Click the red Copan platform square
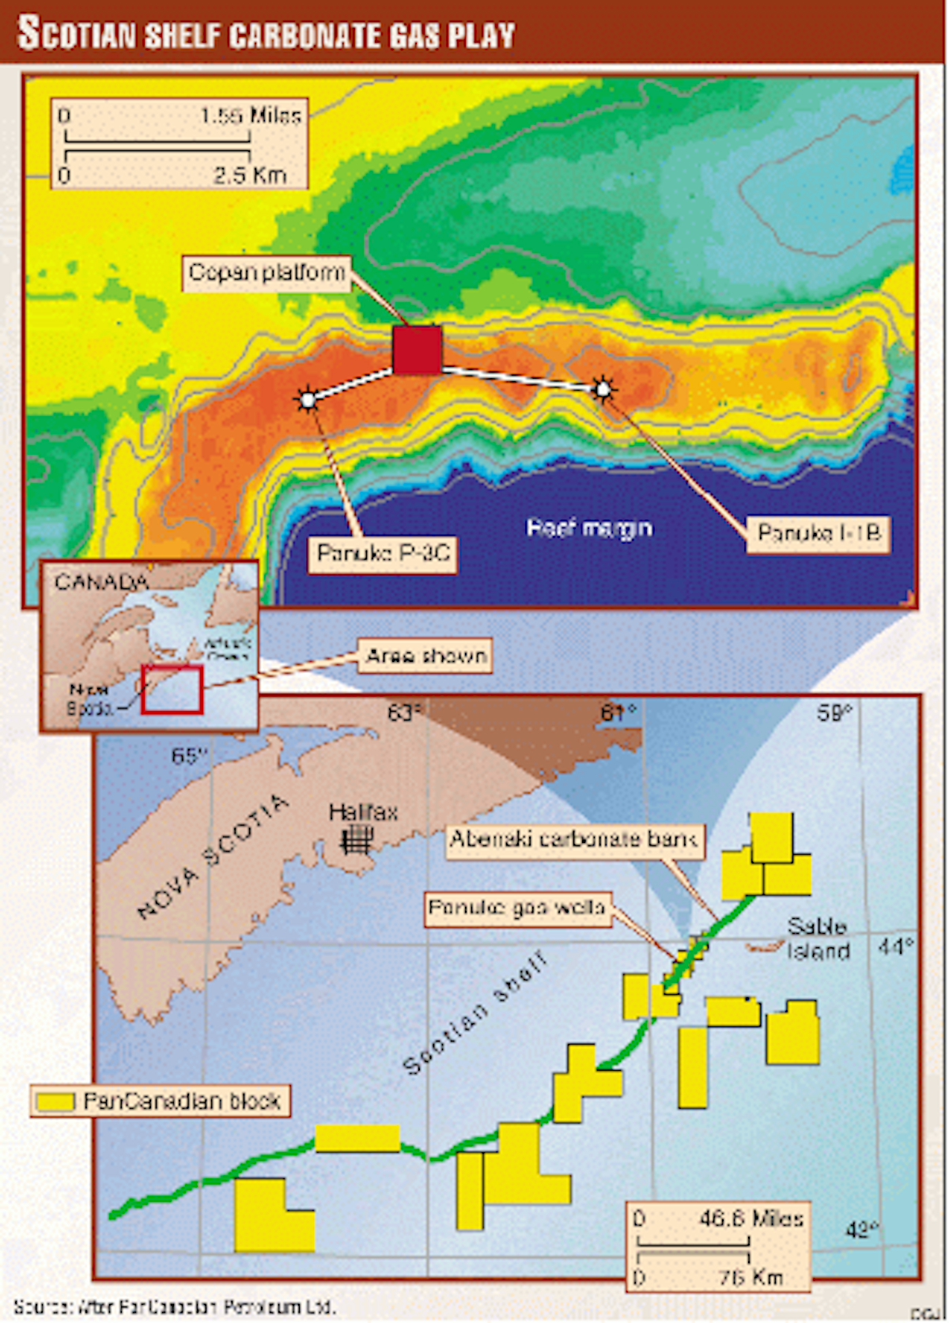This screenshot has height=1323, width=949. tap(417, 350)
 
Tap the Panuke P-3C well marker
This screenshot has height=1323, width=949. tap(308, 400)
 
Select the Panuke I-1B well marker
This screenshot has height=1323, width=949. tap(603, 389)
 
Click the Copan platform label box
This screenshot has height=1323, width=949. tap(267, 274)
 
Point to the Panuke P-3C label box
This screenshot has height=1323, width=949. tap(383, 554)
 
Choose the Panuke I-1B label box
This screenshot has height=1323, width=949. tap(818, 534)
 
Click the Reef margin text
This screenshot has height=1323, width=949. tap(589, 528)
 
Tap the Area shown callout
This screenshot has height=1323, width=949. tap(425, 656)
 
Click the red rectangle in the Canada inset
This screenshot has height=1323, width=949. tap(172, 690)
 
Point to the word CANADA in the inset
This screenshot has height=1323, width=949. tap(100, 583)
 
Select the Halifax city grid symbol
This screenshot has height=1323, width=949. tap(357, 839)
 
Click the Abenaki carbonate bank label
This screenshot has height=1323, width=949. tap(573, 839)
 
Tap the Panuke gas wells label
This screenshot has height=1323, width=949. tap(517, 908)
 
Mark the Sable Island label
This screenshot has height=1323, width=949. tap(818, 939)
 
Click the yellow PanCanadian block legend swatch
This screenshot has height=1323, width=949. tap(56, 1102)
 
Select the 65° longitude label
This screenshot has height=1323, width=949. tap(188, 756)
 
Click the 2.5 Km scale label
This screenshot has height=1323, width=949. tap(249, 176)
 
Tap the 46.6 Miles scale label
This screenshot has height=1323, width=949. tap(751, 1219)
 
